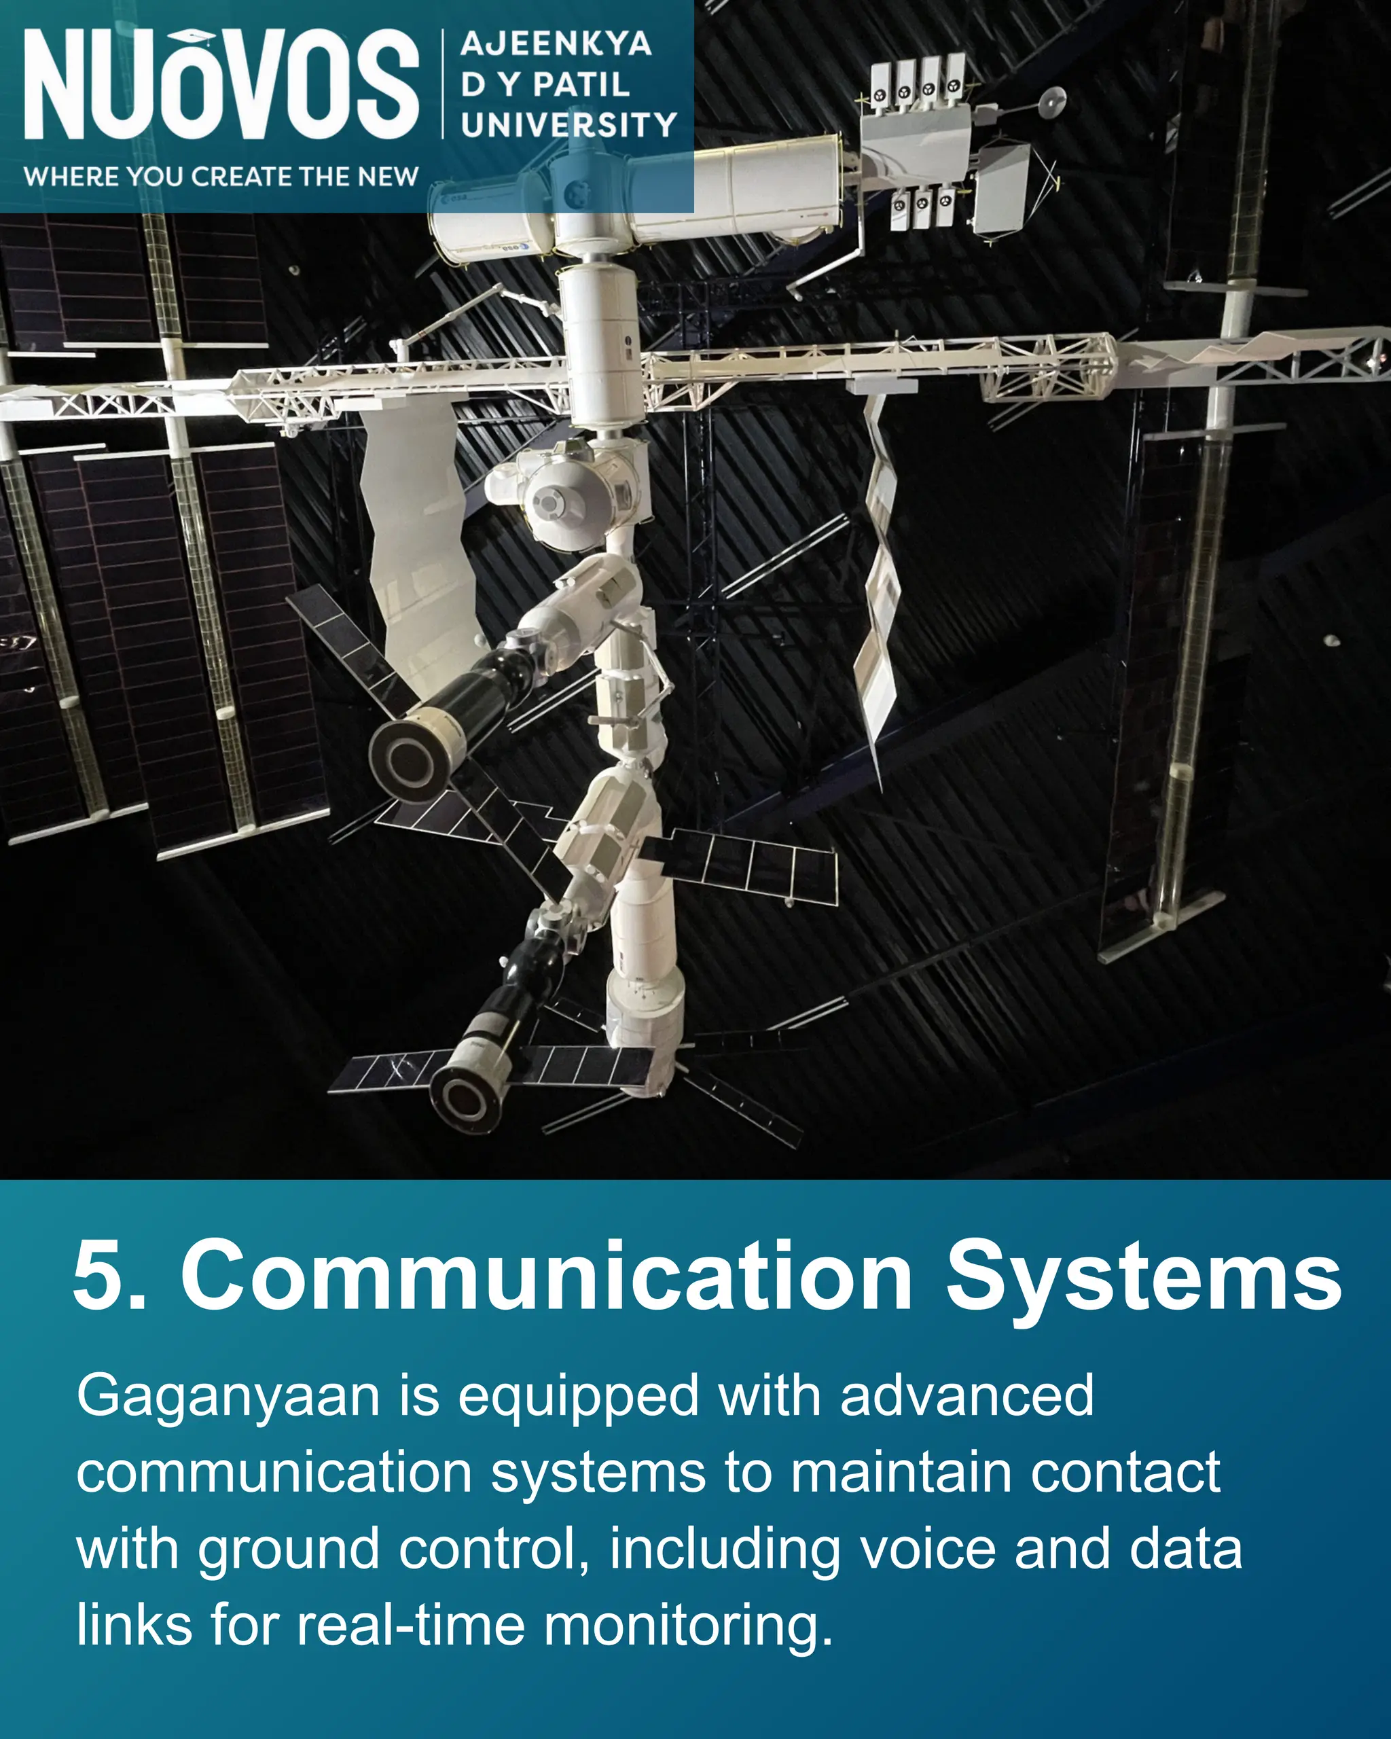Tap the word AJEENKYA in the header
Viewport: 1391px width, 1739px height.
[x=556, y=43]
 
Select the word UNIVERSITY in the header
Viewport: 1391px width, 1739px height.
[x=568, y=125]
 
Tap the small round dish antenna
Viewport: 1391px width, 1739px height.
[x=1052, y=103]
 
